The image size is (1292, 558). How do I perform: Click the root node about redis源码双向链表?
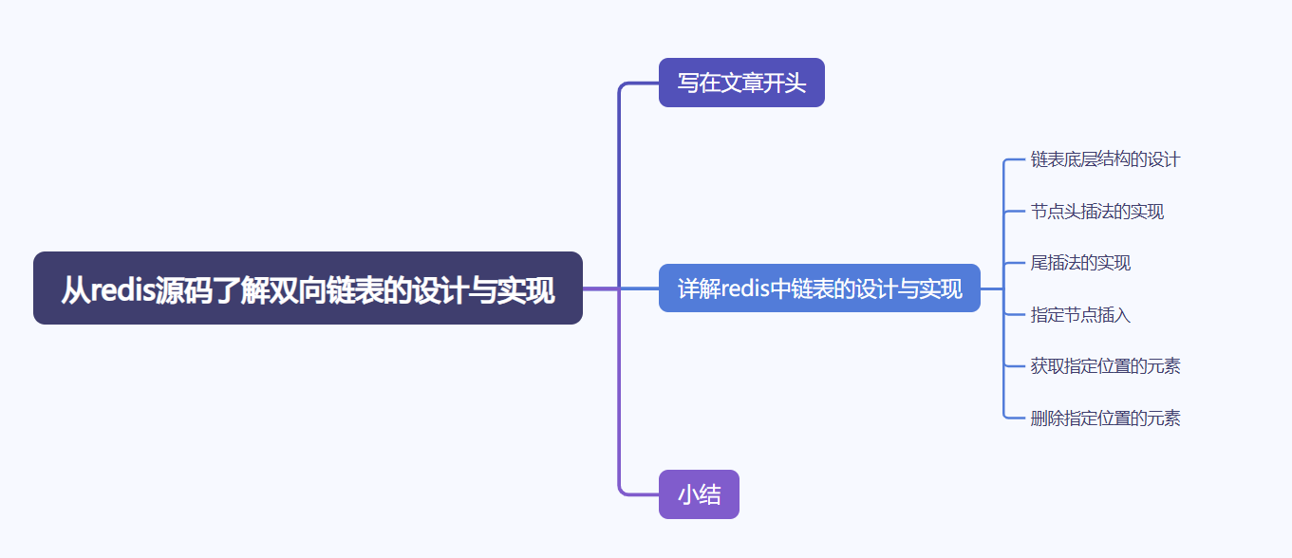coord(308,288)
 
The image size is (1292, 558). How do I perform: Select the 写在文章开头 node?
coord(741,83)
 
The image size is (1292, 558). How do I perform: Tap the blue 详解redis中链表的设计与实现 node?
coord(819,288)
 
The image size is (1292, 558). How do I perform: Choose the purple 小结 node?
coord(699,494)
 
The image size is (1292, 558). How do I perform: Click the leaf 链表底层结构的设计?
coord(1105,159)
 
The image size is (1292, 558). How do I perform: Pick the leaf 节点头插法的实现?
coord(1097,212)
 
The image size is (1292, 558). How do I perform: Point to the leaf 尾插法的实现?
coord(1080,263)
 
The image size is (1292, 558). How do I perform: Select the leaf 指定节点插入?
coord(1080,315)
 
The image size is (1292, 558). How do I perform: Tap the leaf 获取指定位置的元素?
coord(1105,366)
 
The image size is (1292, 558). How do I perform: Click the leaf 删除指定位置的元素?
coord(1105,418)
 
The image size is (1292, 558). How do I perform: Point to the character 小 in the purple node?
coord(688,494)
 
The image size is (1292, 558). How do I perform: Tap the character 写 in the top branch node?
coord(688,83)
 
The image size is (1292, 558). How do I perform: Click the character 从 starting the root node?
coord(75,289)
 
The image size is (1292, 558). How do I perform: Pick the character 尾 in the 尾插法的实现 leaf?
coord(1039,263)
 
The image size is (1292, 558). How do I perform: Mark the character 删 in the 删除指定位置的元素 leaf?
coord(1039,418)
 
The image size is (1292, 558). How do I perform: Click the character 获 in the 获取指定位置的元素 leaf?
coord(1039,366)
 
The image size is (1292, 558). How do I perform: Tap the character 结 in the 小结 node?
coord(710,494)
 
